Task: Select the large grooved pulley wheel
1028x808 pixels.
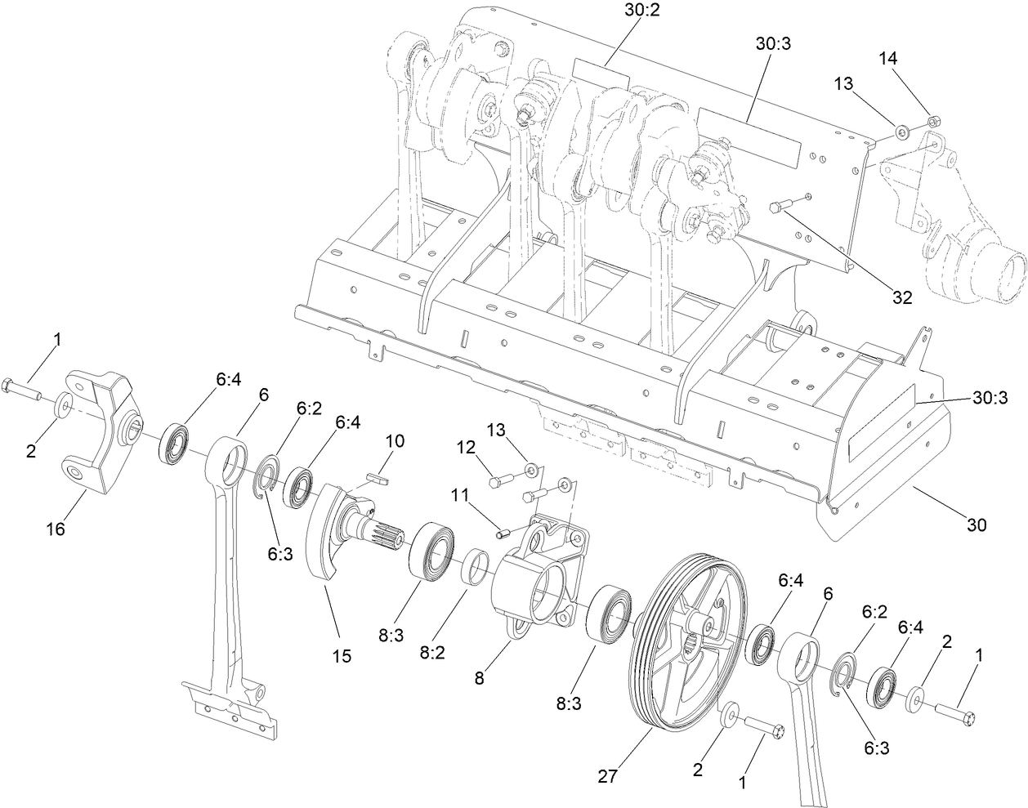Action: (685, 645)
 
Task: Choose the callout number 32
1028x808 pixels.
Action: (901, 298)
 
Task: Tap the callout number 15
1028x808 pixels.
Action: (342, 655)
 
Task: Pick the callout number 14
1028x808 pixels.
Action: (888, 58)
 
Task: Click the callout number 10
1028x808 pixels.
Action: (394, 441)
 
